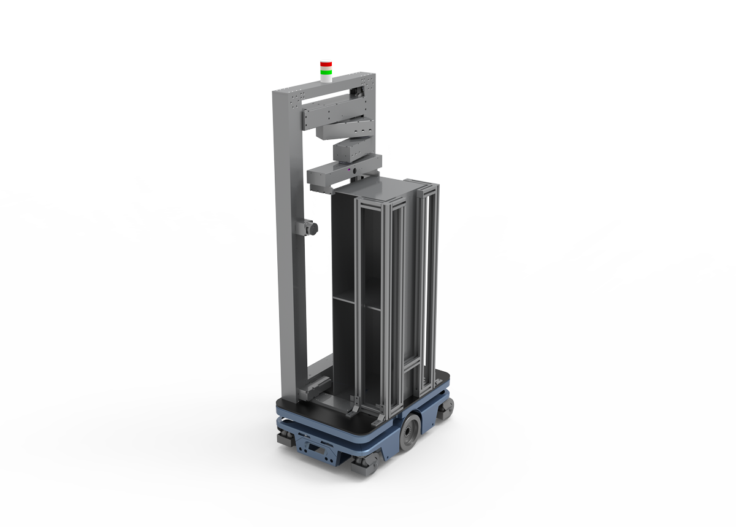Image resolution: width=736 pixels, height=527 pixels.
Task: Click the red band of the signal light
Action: pyautogui.click(x=326, y=64)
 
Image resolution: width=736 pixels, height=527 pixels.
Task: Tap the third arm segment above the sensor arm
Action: pyautogui.click(x=350, y=149)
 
